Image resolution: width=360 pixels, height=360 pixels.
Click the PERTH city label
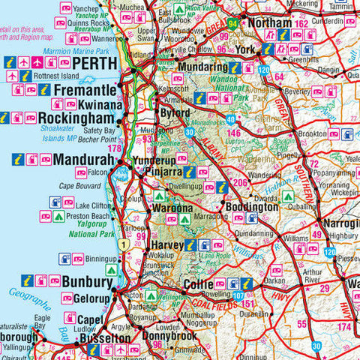tap(93, 63)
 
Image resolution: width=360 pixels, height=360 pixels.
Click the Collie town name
tap(198, 284)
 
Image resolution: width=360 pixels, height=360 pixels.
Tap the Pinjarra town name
tap(157, 172)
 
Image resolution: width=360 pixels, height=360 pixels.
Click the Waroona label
tap(173, 208)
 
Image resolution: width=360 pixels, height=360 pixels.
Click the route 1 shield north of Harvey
tap(121, 244)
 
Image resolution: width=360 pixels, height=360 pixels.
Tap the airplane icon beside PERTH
tap(25, 62)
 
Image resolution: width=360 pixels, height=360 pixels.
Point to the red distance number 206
tap(240, 182)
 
